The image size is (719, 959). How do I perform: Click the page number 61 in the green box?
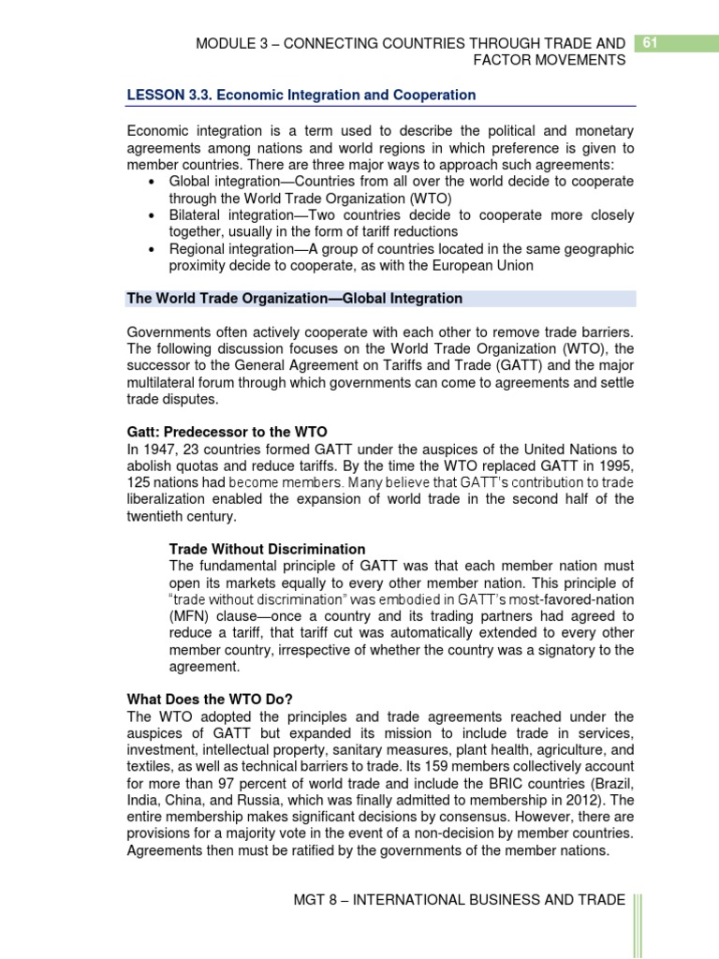pyautogui.click(x=649, y=43)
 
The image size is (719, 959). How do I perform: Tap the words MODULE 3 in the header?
pyautogui.click(x=229, y=43)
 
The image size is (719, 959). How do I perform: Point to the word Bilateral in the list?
pyautogui.click(x=195, y=215)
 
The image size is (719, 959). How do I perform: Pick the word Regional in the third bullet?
pyautogui.click(x=196, y=249)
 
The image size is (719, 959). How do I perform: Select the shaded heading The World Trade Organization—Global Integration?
pyautogui.click(x=294, y=299)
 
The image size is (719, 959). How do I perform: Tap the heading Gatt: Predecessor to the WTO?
pyautogui.click(x=227, y=432)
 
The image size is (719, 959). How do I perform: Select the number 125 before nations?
pyautogui.click(x=139, y=482)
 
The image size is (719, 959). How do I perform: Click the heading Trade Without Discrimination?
pyautogui.click(x=267, y=549)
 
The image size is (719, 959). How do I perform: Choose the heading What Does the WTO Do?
pyautogui.click(x=212, y=700)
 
